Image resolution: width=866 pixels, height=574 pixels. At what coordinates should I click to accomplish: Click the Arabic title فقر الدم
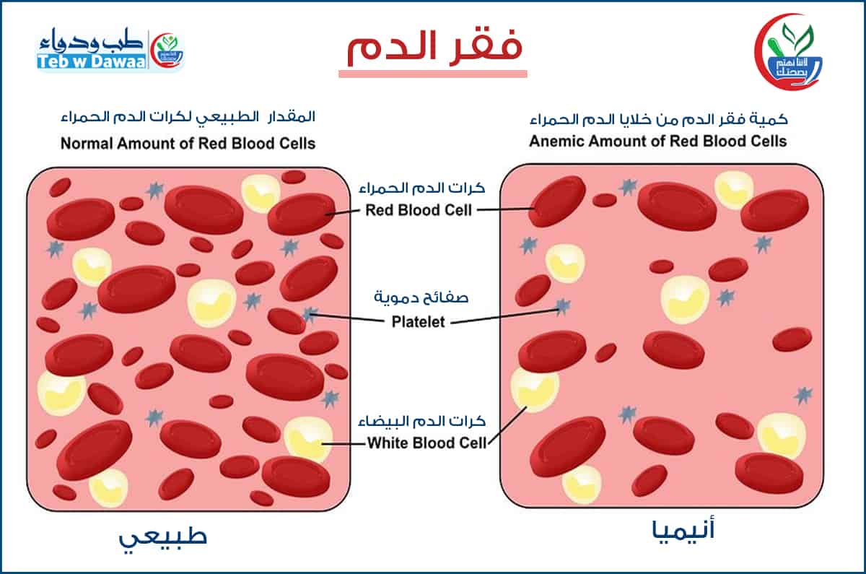[x=434, y=48]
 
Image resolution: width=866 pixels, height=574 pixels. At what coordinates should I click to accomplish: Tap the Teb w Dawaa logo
[x=111, y=51]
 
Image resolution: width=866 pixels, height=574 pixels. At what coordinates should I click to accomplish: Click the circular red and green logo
[x=791, y=51]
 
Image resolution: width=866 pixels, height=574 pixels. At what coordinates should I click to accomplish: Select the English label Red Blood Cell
[x=419, y=211]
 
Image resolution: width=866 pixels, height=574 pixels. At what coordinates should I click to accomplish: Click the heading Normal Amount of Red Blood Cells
[x=188, y=143]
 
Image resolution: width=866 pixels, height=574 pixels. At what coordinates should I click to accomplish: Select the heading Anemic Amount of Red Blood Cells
[x=657, y=140]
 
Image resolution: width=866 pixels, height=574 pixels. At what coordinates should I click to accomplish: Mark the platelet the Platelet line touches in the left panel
[x=310, y=314]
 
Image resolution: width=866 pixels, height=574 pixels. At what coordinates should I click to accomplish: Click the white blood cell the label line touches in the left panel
[x=307, y=440]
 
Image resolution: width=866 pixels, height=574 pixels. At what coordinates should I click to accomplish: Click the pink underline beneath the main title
[x=433, y=73]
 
